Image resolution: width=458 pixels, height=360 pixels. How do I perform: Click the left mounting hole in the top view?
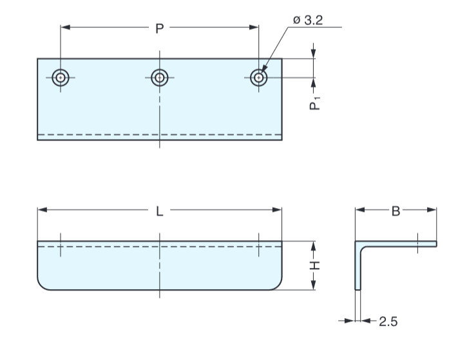coord(61,77)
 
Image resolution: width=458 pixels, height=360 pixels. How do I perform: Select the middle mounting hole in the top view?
coord(159,77)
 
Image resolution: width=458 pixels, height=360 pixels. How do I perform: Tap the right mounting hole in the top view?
coord(258,77)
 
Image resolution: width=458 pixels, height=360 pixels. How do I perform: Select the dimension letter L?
coord(159,210)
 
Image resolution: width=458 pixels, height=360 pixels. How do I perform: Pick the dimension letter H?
coord(314,265)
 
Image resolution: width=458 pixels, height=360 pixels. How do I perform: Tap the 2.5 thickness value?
coord(388,321)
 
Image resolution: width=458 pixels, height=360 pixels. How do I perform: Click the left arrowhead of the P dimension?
coord(65,27)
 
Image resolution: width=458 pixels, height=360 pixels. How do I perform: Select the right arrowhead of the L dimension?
coord(278,210)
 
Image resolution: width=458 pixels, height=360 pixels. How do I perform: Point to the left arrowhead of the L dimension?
coord(42,210)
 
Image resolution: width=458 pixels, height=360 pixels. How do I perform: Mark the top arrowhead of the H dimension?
coord(314,245)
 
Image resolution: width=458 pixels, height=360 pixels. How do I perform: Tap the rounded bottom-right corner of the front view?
coord(278,286)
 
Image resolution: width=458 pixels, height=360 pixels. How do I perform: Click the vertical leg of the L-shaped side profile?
coord(358,270)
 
